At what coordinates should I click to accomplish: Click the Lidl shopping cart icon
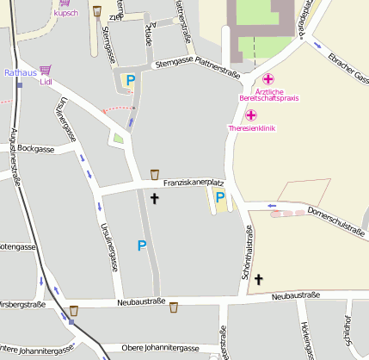(45, 70)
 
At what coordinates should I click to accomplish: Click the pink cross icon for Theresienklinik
(252, 115)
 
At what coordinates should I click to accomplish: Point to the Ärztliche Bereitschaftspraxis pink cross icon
(268, 79)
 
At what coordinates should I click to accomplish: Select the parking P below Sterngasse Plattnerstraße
(130, 81)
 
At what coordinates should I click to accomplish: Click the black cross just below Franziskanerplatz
(155, 198)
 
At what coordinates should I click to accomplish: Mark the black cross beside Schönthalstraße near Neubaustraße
(257, 279)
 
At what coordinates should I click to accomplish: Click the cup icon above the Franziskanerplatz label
(155, 174)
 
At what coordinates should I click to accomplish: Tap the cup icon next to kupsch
(96, 11)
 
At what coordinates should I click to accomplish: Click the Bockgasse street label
(35, 149)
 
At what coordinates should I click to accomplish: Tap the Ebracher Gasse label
(347, 68)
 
